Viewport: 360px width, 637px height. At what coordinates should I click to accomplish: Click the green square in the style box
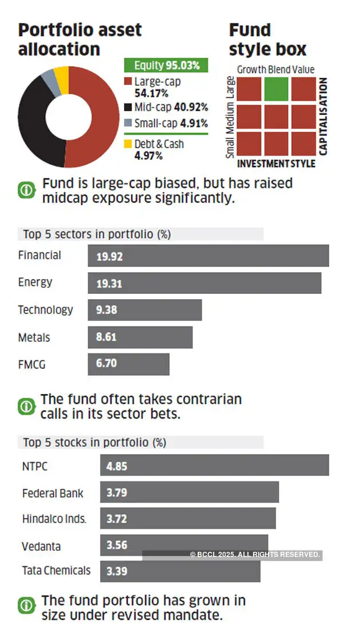tap(277, 89)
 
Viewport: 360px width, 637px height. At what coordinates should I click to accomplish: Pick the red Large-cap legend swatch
tap(129, 82)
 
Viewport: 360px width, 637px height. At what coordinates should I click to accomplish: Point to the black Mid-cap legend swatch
tap(129, 107)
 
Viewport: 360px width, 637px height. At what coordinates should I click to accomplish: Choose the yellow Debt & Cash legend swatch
tap(129, 144)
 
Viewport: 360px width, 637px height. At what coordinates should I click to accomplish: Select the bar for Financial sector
tap(209, 256)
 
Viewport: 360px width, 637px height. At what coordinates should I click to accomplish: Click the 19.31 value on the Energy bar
tap(109, 284)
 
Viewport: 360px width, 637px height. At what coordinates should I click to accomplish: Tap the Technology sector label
tap(46, 310)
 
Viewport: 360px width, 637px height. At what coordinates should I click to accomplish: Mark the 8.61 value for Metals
tap(106, 337)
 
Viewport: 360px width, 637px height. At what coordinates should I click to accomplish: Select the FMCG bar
tap(129, 364)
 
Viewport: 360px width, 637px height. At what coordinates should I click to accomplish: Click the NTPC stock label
tap(35, 467)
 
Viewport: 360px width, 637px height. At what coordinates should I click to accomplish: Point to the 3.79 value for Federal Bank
tap(117, 493)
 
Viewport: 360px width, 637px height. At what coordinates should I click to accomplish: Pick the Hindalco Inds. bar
tap(188, 519)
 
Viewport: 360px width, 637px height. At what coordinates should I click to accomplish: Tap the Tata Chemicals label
tap(56, 571)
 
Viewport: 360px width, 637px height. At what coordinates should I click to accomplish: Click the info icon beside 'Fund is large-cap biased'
tap(26, 190)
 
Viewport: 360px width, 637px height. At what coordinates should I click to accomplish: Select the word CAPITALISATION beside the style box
tap(323, 117)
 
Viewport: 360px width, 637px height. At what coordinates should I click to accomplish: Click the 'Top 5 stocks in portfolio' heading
tap(94, 443)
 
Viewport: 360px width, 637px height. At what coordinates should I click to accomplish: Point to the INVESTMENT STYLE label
tap(276, 164)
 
